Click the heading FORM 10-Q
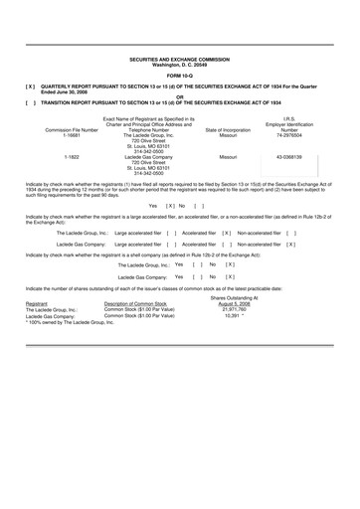pyautogui.click(x=180, y=75)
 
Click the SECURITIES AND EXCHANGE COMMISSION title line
pyautogui.click(x=180, y=60)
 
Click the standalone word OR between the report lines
pyautogui.click(x=180, y=95)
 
